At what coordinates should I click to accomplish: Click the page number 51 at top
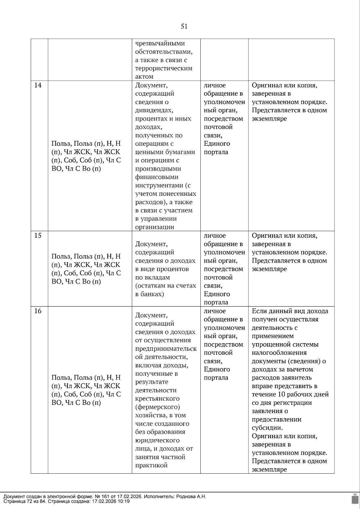(184, 26)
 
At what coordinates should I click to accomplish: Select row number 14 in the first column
(38, 85)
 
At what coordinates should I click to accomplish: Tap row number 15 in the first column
(38, 236)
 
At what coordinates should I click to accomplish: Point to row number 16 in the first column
(38, 311)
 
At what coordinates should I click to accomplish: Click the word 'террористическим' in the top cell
(163, 68)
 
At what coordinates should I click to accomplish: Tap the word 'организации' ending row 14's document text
(154, 227)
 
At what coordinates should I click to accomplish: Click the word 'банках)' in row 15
(149, 294)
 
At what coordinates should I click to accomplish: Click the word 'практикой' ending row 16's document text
(151, 466)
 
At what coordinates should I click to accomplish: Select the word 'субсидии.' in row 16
(267, 428)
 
